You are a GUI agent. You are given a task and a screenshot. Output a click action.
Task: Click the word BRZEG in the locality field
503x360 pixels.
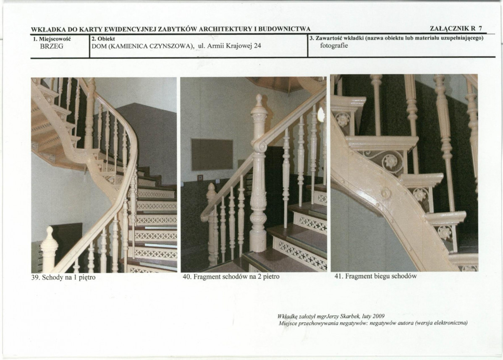52,46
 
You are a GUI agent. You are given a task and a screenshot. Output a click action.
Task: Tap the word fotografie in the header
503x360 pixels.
334,45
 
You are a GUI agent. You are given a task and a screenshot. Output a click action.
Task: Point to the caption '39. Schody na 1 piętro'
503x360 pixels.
63,277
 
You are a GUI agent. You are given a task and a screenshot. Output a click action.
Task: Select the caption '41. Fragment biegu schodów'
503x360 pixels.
375,276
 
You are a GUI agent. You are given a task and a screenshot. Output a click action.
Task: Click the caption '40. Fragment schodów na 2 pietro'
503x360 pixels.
231,277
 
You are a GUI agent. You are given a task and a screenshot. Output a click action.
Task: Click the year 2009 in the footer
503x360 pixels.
379,316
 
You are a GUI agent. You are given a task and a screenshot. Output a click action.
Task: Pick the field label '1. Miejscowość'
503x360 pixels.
52,39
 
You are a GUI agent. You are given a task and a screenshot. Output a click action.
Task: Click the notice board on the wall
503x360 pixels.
212,154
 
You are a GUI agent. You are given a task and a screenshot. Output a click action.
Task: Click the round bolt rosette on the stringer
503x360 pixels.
385,193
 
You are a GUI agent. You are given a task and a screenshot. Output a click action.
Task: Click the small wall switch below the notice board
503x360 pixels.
201,177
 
